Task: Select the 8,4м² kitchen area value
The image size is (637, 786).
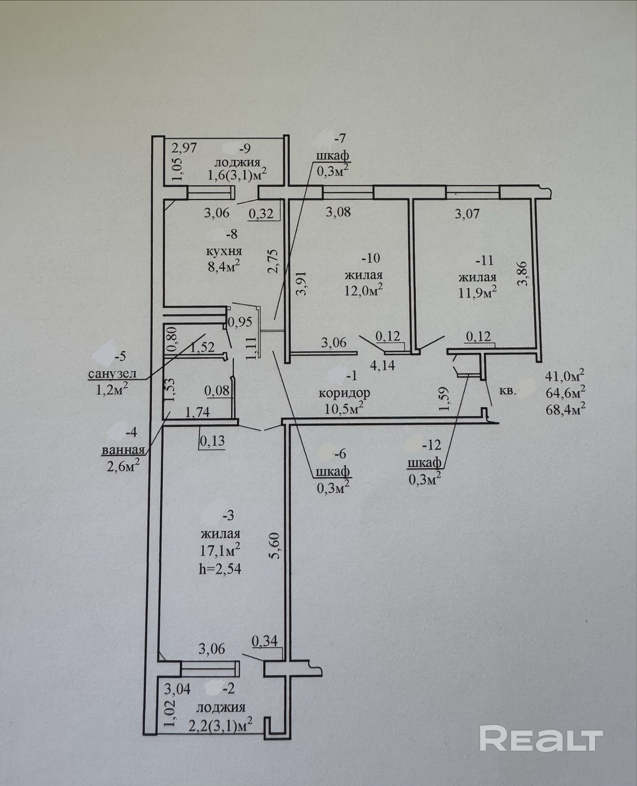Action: click(x=223, y=267)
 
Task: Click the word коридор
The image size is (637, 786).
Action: click(x=344, y=393)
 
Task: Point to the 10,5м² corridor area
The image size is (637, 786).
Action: click(x=344, y=408)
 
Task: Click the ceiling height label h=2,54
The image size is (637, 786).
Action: click(x=220, y=569)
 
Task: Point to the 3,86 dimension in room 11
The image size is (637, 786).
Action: click(x=523, y=274)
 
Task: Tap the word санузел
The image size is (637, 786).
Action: click(x=112, y=374)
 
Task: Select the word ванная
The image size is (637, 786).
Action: click(x=123, y=450)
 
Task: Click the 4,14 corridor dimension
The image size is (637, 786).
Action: click(x=383, y=365)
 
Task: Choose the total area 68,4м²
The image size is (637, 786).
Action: click(x=565, y=409)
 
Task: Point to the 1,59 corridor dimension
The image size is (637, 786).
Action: click(x=447, y=399)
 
